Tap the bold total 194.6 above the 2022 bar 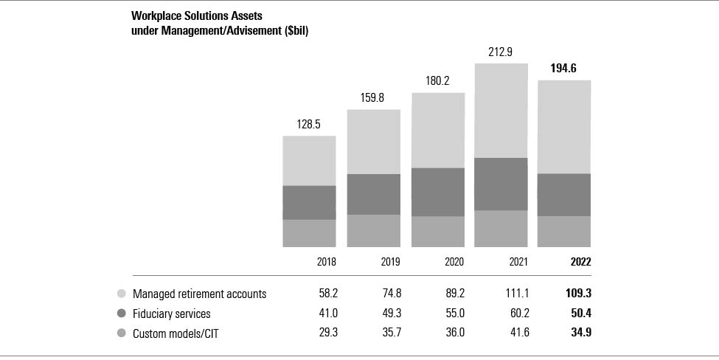563,69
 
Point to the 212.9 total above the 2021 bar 501,52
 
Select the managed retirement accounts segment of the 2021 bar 501,111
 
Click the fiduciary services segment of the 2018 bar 309,202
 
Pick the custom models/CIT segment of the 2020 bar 437,231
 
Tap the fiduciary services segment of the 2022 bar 564,195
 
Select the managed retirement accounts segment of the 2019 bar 373,142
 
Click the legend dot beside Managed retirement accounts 121,294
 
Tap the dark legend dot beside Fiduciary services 121,314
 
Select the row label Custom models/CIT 175,333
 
